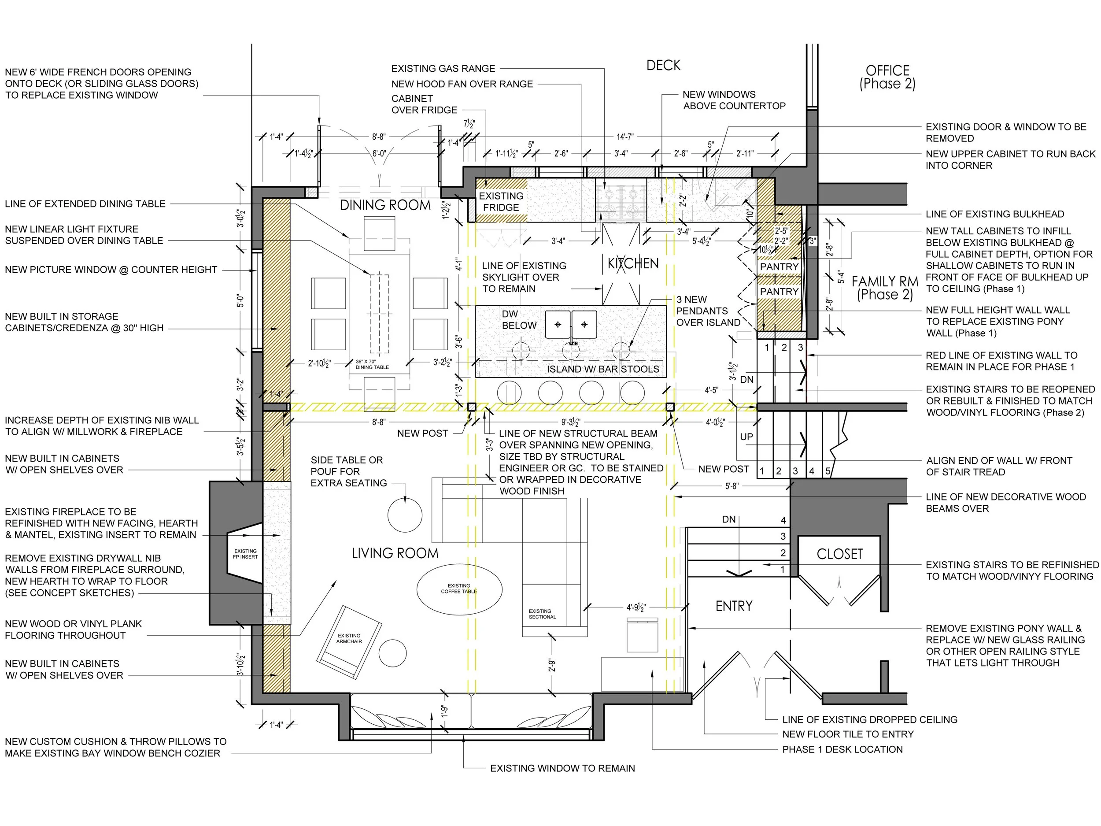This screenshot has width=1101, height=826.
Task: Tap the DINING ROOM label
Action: point(385,205)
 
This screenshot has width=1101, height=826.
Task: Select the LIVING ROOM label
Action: point(395,553)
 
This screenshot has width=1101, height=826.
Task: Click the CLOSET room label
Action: point(840,554)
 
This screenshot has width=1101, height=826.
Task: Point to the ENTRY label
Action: point(734,606)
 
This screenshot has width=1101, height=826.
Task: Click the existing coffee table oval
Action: point(459,589)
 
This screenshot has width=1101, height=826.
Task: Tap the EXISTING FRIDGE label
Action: point(501,202)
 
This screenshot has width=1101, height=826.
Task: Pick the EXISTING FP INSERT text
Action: point(245,554)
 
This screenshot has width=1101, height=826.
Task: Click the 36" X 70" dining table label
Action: point(372,364)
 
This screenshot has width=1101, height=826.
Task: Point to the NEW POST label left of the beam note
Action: point(423,433)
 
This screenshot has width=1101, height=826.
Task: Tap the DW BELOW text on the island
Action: point(519,320)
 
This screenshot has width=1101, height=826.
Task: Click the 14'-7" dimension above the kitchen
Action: point(625,136)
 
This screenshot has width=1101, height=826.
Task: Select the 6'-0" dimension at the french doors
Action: point(379,154)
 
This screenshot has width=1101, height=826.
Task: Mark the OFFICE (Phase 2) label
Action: point(887,77)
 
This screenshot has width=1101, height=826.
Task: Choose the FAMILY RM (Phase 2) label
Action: point(885,288)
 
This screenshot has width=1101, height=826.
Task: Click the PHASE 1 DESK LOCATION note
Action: point(842,749)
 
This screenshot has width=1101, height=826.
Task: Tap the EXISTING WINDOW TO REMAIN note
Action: point(562,768)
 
